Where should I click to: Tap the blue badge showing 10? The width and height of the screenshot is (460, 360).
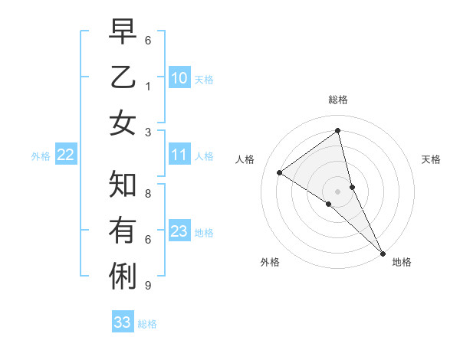click(x=179, y=78)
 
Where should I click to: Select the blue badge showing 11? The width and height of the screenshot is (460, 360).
click(x=179, y=155)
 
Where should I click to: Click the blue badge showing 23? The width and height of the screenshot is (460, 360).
click(x=179, y=231)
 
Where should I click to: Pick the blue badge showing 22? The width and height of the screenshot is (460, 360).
click(x=66, y=155)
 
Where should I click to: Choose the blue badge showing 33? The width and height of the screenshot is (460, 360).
click(x=123, y=322)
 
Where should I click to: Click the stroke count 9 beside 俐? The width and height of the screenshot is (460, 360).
click(x=148, y=286)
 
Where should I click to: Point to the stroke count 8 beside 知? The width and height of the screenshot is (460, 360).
click(x=148, y=194)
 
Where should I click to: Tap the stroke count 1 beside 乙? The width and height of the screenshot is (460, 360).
click(x=148, y=87)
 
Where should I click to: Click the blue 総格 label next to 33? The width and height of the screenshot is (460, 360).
click(x=147, y=324)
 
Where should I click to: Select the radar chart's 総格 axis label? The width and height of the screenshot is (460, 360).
click(x=338, y=100)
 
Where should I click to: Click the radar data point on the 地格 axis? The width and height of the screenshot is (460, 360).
click(x=383, y=252)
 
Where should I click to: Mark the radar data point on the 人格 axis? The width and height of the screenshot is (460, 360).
click(x=279, y=172)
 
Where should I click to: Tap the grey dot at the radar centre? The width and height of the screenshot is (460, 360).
click(x=338, y=191)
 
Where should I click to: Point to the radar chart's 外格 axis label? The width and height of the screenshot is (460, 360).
click(x=270, y=263)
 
